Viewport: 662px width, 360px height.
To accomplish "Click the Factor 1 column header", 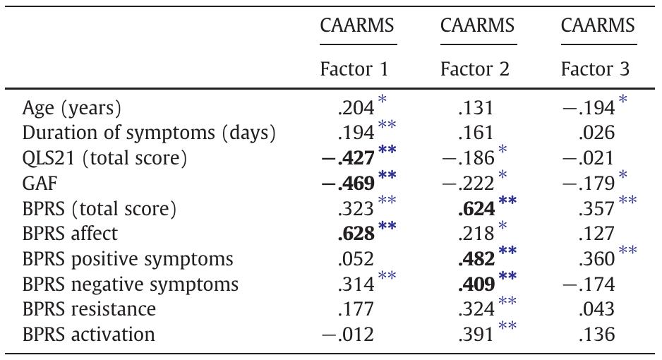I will coord(354,70).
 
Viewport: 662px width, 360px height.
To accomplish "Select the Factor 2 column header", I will coord(475,70).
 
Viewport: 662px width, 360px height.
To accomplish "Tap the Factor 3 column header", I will coord(596,70).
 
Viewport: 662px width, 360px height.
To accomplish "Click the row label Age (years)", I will coord(71,109).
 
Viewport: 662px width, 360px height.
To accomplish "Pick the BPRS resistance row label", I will coord(89,308).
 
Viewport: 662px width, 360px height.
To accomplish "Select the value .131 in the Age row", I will coord(473,109).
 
